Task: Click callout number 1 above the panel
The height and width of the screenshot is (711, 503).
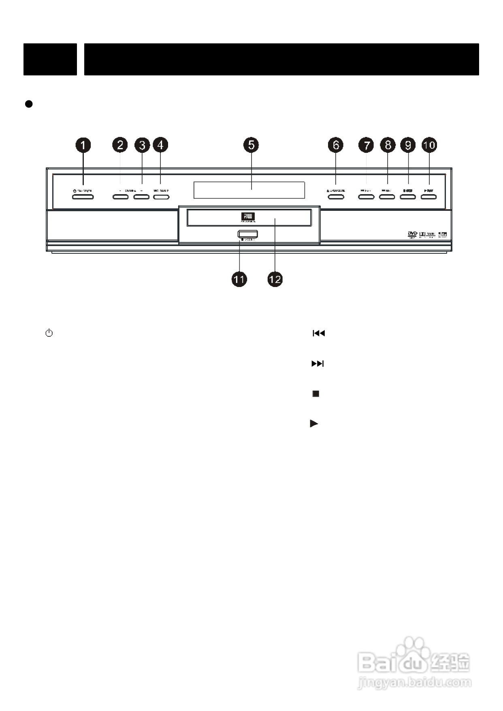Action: point(83,145)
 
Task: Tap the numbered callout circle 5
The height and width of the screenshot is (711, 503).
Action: point(251,145)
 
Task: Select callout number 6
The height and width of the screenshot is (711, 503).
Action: point(336,145)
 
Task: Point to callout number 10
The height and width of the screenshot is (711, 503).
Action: point(429,145)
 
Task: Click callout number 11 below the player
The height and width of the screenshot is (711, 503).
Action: point(239,279)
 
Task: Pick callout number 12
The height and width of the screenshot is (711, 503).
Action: point(275,279)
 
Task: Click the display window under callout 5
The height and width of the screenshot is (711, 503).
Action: point(249,190)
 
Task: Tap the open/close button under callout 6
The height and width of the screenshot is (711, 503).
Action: point(336,197)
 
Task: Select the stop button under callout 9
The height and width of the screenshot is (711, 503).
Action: point(408,197)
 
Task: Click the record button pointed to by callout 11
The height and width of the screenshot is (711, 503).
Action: point(248,234)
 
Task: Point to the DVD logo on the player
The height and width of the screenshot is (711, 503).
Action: point(412,234)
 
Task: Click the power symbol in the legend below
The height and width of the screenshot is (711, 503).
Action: point(49,334)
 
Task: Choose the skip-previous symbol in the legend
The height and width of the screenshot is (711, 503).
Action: point(319,334)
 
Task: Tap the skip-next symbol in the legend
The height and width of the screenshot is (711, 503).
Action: point(318,364)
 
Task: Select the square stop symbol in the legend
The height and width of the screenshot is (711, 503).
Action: point(316,394)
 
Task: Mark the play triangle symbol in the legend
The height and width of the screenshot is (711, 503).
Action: point(314,424)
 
